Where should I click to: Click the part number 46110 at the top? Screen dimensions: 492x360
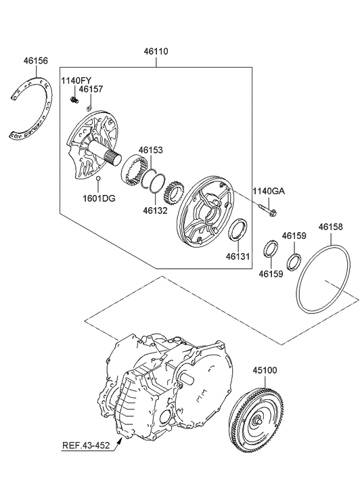(x=156, y=51)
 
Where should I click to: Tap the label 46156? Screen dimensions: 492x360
(x=36, y=60)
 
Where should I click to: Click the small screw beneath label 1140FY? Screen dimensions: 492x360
(x=73, y=100)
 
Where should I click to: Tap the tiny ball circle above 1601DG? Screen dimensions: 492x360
(x=97, y=179)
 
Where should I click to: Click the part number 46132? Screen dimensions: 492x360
(x=156, y=210)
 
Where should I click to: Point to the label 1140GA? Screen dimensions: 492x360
(x=269, y=192)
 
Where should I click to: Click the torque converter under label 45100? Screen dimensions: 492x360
(x=261, y=422)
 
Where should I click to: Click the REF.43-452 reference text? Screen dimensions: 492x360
(x=86, y=445)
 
